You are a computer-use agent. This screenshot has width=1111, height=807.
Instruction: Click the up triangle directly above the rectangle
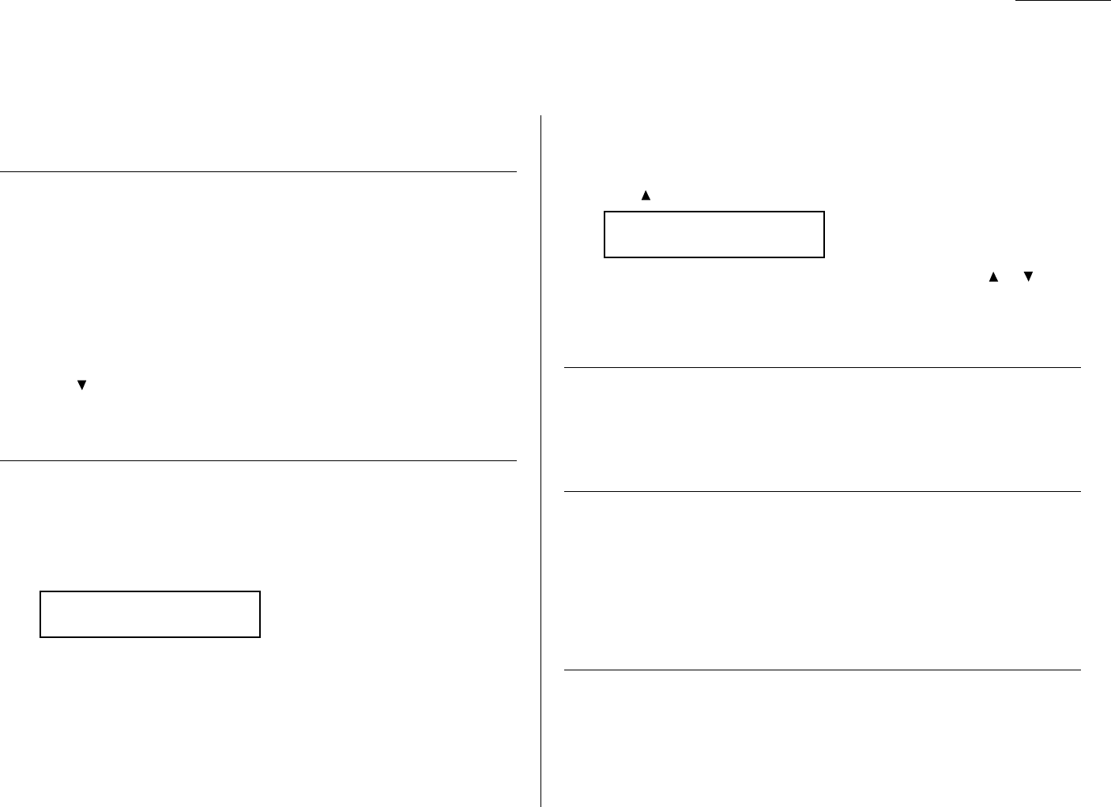646,195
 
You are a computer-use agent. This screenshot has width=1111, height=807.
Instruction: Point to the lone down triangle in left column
81,385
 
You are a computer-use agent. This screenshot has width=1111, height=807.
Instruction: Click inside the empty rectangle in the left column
150,614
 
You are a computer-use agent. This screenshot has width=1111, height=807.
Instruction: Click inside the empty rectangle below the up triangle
714,235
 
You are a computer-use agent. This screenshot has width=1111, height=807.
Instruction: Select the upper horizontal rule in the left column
258,171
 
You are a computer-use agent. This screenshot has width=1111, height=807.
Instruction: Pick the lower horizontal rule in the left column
258,460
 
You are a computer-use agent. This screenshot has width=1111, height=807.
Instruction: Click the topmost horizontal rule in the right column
822,367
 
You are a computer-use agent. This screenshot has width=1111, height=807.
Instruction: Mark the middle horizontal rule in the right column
822,492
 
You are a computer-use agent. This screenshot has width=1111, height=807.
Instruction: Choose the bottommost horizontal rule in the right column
822,670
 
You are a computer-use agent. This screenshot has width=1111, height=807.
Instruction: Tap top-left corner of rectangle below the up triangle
604,212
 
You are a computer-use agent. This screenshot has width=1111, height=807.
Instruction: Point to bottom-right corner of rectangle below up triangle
824,257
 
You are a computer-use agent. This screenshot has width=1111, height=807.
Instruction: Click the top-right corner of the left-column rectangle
260,591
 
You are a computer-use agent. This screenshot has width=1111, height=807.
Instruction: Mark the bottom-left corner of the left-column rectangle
40,636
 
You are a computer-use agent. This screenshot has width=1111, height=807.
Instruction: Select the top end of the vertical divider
541,116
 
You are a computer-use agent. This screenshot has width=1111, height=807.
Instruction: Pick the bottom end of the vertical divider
541,806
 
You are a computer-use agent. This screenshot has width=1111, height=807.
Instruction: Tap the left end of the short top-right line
1016,2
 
